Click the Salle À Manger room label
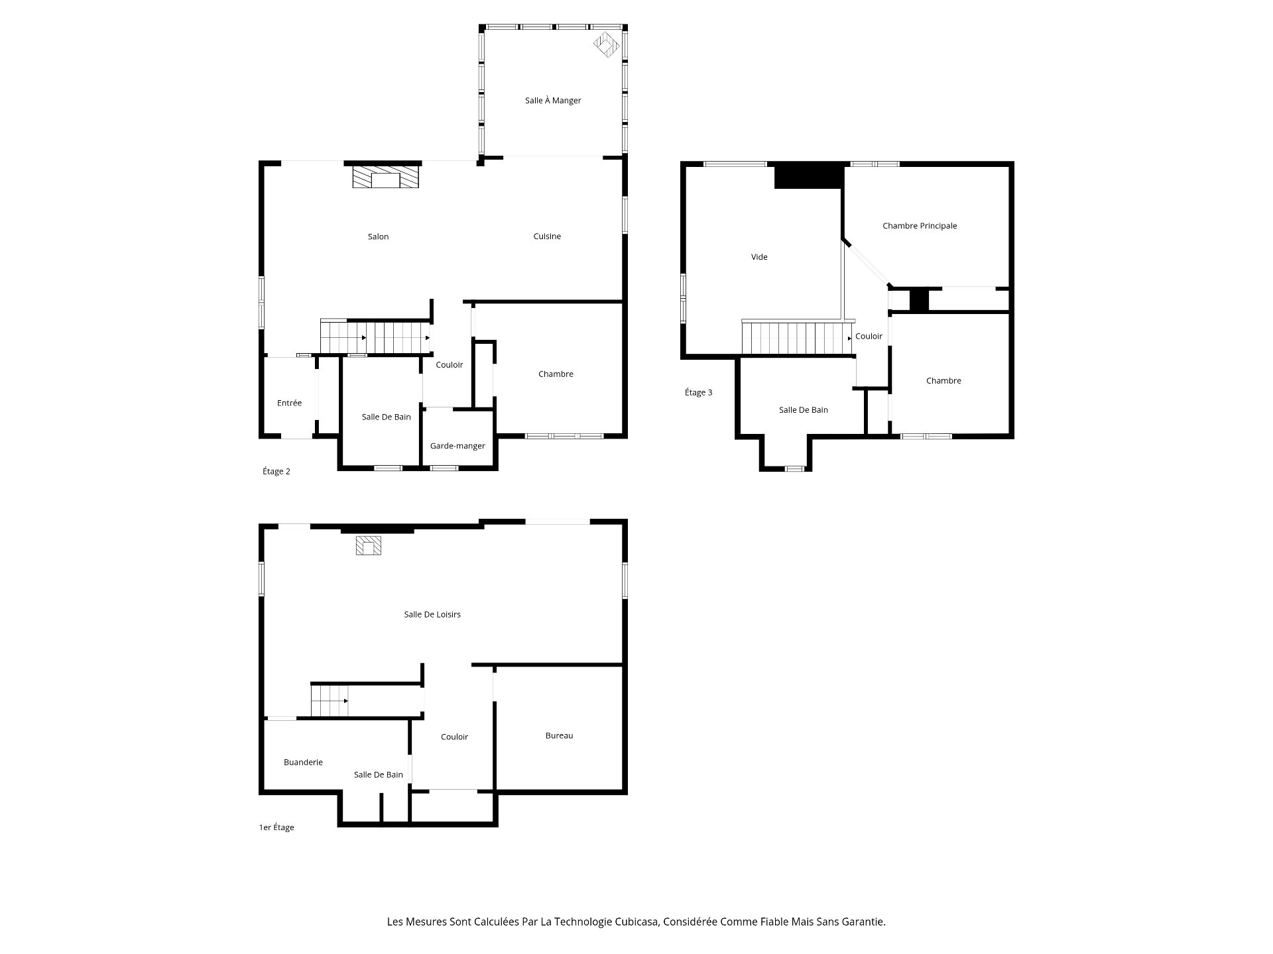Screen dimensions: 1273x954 [553, 101]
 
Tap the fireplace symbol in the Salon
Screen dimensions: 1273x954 [385, 177]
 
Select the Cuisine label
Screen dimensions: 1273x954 [547, 237]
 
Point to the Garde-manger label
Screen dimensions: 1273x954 [457, 446]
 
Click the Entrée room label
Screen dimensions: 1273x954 [289, 403]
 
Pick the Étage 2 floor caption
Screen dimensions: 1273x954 [276, 472]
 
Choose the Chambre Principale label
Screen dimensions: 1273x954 [920, 226]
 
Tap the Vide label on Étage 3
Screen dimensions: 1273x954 [759, 257]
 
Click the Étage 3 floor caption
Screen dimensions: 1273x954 [699, 392]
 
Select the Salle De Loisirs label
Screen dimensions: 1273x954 [432, 614]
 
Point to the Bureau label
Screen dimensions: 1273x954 [559, 735]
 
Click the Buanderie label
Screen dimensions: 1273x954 [303, 762]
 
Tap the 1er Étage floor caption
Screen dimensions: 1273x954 [276, 827]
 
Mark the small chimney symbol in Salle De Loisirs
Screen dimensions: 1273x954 [369, 545]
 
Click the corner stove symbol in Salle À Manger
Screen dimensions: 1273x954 [606, 45]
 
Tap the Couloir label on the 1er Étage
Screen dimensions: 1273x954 [454, 737]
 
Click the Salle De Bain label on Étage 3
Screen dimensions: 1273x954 [803, 410]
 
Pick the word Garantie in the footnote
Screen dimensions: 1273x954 [864, 922]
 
